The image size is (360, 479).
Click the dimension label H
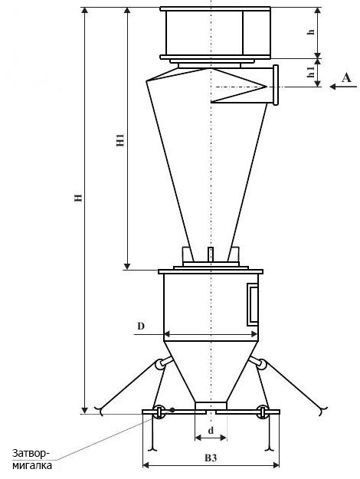tap(79, 197)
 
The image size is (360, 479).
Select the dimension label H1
tap(120, 140)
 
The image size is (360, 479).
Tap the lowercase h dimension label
tap(311, 31)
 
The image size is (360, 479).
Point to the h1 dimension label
tap(310, 72)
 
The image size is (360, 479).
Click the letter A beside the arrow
tap(346, 78)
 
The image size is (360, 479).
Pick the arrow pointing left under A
tap(343, 87)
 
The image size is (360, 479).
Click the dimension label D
tap(140, 326)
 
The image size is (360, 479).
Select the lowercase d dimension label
tap(211, 431)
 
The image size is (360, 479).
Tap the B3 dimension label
tap(211, 458)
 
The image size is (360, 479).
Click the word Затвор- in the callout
tap(30, 453)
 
